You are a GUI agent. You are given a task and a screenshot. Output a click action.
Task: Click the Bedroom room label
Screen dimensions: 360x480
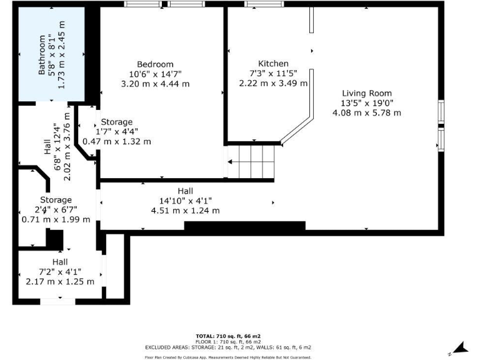click(155, 64)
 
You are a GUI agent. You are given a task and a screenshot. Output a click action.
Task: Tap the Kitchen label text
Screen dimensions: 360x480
click(273, 64)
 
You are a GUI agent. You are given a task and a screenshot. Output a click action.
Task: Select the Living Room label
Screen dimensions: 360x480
click(367, 93)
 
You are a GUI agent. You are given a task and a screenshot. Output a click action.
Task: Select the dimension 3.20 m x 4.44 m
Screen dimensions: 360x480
click(155, 83)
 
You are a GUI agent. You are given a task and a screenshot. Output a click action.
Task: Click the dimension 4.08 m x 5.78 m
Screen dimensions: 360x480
click(367, 112)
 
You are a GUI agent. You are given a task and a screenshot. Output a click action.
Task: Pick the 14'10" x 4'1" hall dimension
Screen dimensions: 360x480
click(185, 201)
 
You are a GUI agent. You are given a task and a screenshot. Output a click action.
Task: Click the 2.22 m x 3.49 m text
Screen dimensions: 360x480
click(273, 83)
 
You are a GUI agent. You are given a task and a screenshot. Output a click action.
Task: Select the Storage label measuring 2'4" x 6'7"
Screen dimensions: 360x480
click(56, 200)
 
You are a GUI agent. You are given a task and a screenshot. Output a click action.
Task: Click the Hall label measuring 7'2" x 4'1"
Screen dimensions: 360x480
click(60, 262)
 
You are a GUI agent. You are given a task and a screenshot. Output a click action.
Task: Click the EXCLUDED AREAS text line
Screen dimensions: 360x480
click(227, 347)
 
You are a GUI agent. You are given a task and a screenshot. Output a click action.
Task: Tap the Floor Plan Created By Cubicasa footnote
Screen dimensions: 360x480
click(227, 357)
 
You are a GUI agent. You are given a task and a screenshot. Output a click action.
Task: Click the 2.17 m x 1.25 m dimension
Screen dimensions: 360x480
click(60, 281)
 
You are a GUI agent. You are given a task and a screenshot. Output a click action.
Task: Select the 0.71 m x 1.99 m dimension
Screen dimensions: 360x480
click(56, 219)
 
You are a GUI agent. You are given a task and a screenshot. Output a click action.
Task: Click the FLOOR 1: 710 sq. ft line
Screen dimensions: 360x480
click(227, 341)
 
